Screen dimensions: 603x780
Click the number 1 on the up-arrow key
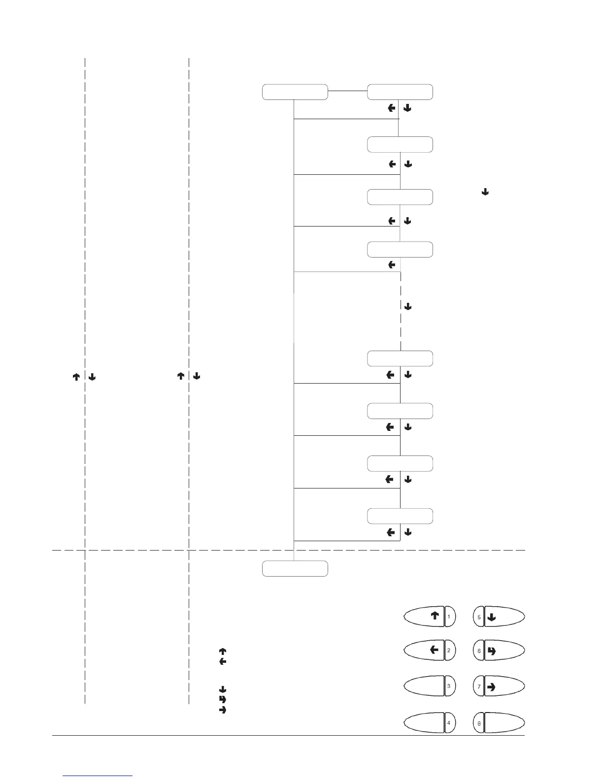(x=449, y=617)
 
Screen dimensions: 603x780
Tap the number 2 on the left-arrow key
(x=449, y=650)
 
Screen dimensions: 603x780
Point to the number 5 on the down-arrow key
(x=479, y=617)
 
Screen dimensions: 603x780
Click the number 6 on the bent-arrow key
(x=479, y=651)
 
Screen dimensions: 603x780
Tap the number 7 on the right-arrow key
(x=479, y=686)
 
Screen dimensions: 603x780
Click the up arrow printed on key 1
(x=435, y=616)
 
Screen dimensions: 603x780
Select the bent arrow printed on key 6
(x=491, y=651)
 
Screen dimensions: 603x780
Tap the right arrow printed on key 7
(x=491, y=686)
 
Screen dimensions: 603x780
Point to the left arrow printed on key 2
(x=434, y=650)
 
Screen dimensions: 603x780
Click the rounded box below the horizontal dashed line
(x=295, y=568)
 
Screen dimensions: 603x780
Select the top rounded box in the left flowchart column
(x=295, y=92)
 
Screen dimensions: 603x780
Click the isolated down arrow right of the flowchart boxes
(x=485, y=192)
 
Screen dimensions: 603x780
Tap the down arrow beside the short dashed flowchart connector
(x=408, y=306)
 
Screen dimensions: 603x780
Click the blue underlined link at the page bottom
(x=98, y=776)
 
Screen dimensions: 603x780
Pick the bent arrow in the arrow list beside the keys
(x=222, y=699)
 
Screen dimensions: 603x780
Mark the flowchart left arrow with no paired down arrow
(x=392, y=265)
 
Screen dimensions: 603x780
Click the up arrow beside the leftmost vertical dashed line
(x=76, y=377)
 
